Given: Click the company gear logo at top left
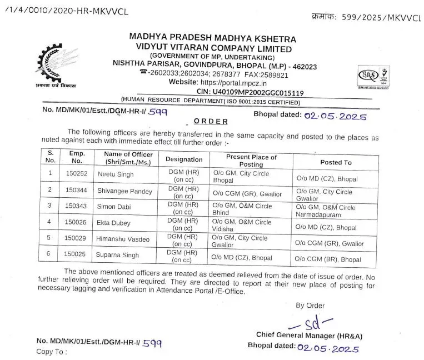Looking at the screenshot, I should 55,66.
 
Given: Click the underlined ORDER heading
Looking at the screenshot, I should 211,122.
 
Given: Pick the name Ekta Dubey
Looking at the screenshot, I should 114,223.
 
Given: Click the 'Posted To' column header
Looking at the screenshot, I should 336,162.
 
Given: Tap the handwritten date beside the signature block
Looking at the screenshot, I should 328,348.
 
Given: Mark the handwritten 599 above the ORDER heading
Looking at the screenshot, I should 155,111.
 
